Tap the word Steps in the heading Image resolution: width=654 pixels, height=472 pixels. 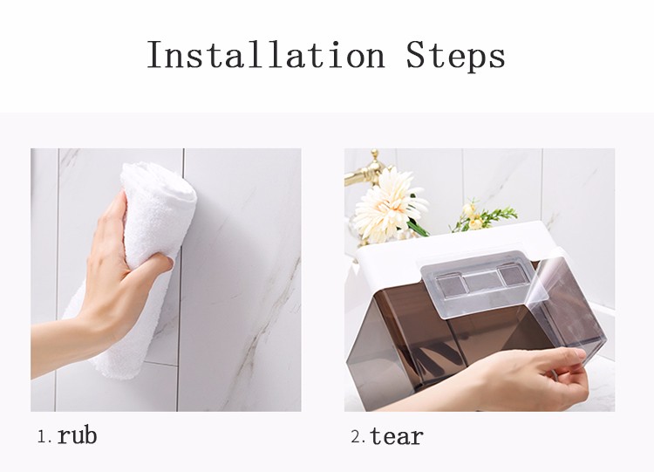tap(455, 56)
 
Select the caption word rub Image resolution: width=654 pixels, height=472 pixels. tap(77, 435)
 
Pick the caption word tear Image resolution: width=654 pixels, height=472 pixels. tap(397, 435)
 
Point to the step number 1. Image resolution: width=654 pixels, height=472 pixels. tap(43, 436)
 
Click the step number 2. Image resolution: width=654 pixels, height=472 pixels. tap(357, 436)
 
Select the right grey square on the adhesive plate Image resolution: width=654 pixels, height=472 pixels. tap(514, 278)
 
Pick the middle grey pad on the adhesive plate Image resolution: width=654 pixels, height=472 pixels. tap(483, 281)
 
